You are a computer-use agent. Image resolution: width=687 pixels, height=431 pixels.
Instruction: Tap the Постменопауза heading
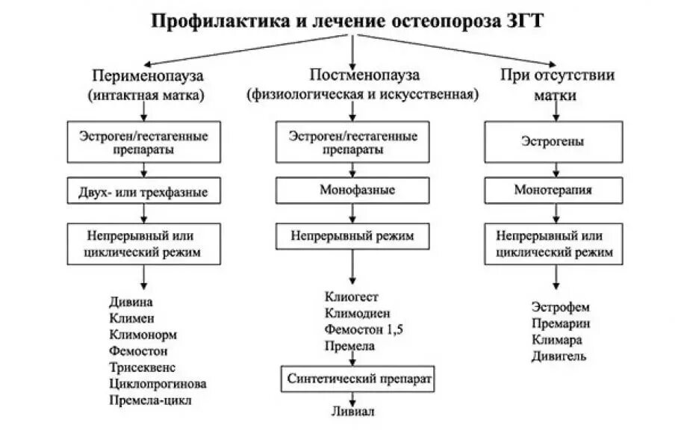(x=364, y=75)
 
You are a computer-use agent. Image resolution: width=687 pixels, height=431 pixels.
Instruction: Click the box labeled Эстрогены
(x=553, y=142)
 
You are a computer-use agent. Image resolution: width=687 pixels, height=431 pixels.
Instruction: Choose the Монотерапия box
(x=553, y=190)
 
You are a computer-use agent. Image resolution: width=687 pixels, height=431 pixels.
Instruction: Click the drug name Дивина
(x=131, y=302)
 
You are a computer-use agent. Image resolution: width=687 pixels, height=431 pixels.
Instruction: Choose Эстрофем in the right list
(x=561, y=307)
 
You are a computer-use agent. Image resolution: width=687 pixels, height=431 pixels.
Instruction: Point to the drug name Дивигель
(x=559, y=356)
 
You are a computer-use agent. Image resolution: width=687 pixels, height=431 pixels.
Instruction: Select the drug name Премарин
(x=561, y=323)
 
